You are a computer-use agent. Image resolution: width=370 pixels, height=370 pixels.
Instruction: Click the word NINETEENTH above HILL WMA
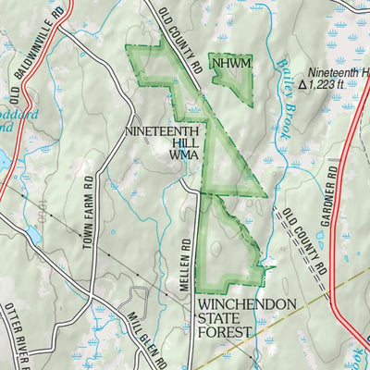pos(163,132)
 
